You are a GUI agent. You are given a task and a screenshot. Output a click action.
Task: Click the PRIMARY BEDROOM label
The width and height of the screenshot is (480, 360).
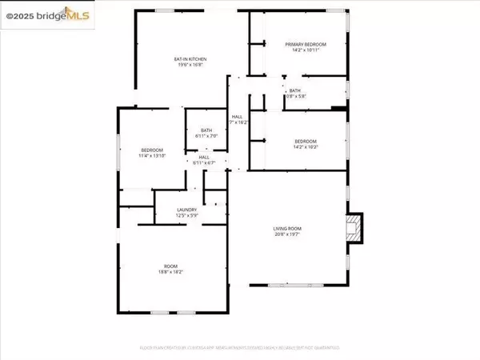tap(302, 45)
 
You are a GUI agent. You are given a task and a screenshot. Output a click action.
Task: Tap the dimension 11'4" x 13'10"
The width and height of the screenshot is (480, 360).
tap(153, 156)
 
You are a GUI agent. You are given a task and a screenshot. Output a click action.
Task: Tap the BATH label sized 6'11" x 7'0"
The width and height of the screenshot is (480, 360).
tap(206, 130)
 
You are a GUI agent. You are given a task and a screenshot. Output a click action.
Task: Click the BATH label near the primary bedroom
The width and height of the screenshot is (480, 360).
tap(295, 90)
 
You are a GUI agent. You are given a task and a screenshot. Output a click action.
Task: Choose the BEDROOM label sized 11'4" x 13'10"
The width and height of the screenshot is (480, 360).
tap(153, 150)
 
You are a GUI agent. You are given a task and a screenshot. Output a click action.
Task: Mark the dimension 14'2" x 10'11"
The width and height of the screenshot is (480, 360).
tap(302, 50)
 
